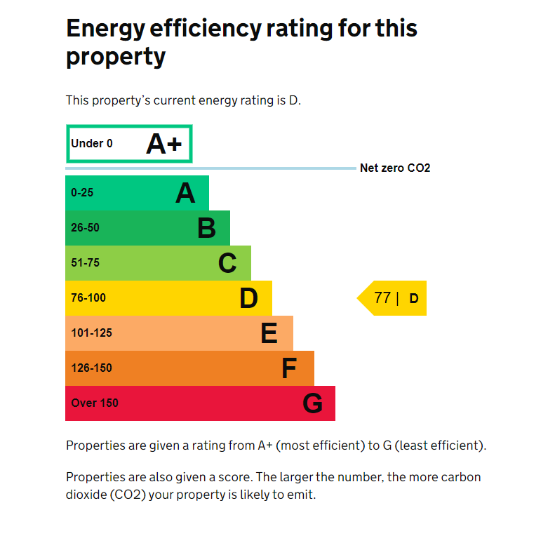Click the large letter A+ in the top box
tap(163, 144)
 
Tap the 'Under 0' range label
tap(92, 144)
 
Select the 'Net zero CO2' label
tap(395, 168)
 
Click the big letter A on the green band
tap(185, 193)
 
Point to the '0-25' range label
tap(82, 193)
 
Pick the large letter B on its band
tap(206, 228)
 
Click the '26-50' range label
tap(85, 228)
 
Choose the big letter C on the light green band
tap(227, 263)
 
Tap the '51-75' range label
tap(85, 263)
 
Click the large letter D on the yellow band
tap(248, 298)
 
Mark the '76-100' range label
tap(88, 298)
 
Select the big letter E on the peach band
tap(269, 333)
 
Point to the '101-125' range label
tap(91, 333)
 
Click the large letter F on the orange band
tap(289, 368)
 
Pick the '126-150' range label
tap(91, 368)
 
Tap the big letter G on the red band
tap(312, 403)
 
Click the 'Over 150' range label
tap(95, 403)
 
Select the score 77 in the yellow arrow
tap(382, 297)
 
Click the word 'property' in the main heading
tap(116, 58)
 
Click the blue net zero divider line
tap(210, 168)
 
